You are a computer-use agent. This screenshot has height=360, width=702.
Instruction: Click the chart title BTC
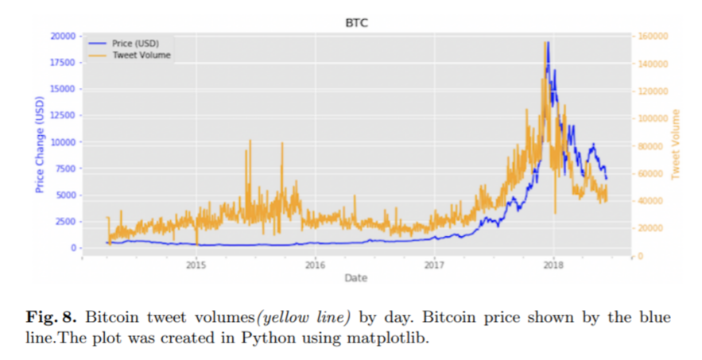356,23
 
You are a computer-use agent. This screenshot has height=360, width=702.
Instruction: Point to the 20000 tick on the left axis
64,36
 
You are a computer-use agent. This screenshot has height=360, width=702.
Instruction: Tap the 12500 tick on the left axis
64,115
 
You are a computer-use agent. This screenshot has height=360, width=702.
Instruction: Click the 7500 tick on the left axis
65,168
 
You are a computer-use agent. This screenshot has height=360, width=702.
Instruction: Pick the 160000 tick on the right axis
651,36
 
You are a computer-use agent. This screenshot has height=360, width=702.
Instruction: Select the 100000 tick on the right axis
651,118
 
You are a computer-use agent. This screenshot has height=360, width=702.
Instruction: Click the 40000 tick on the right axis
649,201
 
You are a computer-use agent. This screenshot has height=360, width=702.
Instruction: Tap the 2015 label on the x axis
196,265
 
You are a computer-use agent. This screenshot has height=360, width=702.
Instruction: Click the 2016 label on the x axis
316,265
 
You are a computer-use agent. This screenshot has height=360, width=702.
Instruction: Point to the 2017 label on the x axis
435,265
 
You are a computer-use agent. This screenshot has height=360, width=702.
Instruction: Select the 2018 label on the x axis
553,265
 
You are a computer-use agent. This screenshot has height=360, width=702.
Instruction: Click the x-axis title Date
355,277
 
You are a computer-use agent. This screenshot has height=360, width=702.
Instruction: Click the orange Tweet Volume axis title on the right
677,144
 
